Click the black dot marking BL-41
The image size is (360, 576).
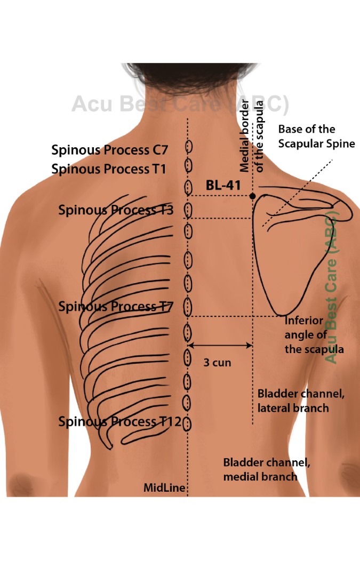tap(252, 196)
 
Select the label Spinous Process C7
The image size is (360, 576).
tap(109, 150)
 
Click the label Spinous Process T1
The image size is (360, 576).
tap(109, 169)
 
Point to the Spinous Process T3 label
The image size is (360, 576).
tap(116, 210)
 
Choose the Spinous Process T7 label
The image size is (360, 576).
tap(116, 307)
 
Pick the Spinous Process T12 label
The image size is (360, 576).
tap(119, 422)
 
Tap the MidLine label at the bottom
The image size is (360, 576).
tap(164, 487)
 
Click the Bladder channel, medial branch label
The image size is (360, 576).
tap(267, 469)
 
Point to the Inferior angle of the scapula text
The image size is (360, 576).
tap(314, 335)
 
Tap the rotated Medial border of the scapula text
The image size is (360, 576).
tap(252, 136)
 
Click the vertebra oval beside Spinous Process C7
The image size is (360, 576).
tap(188, 147)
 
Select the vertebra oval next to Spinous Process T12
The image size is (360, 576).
tap(187, 423)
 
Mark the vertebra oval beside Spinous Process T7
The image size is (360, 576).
tap(188, 307)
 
